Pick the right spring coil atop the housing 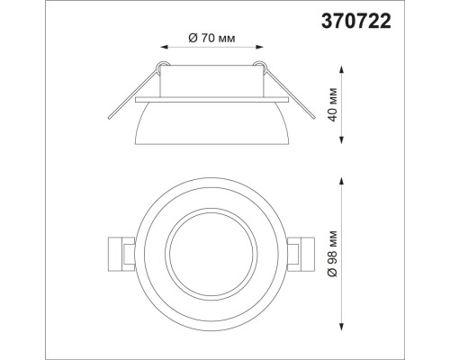click(x=262, y=66)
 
